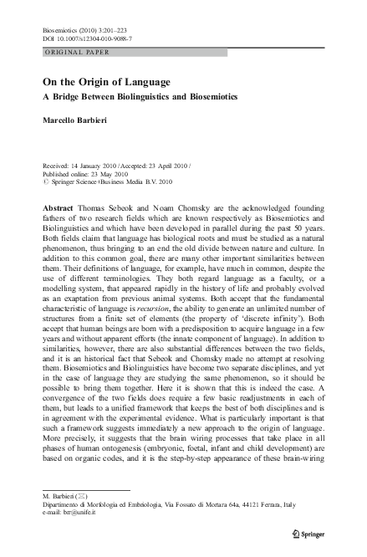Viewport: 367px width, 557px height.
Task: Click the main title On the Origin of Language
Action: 106,82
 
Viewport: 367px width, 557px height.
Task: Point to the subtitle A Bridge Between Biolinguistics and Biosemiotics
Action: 140,97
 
